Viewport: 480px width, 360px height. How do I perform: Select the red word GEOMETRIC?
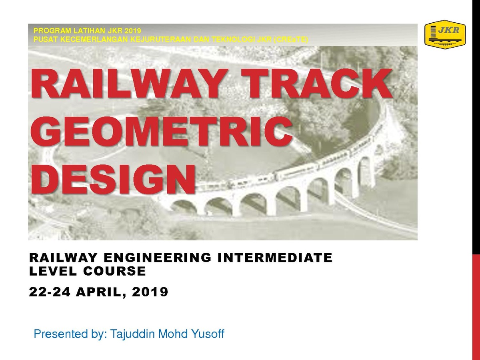pyautogui.click(x=162, y=131)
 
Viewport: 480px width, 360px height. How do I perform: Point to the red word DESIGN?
pyautogui.click(x=113, y=179)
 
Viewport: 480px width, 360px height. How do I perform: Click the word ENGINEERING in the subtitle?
pyautogui.click(x=158, y=258)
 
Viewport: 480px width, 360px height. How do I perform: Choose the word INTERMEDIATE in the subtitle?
pyautogui.click(x=275, y=258)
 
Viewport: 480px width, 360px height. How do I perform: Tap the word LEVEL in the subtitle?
pyautogui.click(x=53, y=271)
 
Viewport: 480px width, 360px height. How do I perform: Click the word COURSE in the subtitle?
pyautogui.click(x=114, y=271)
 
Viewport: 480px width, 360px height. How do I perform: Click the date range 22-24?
pyautogui.click(x=50, y=292)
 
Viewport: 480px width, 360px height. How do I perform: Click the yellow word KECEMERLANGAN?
pyautogui.click(x=94, y=40)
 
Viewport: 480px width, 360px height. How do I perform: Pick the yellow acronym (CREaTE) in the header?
pyautogui.click(x=291, y=40)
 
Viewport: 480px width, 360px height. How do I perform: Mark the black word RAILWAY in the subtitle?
pyautogui.click(x=63, y=258)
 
